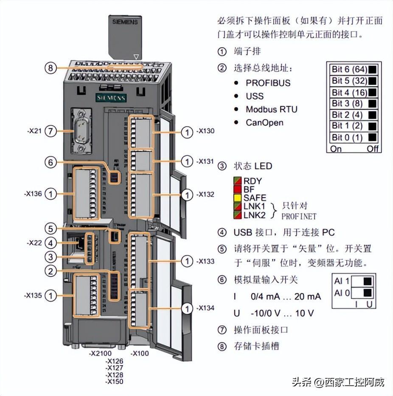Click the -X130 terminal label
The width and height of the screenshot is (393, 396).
click(206, 131)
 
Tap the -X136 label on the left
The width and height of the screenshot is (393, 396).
click(33, 194)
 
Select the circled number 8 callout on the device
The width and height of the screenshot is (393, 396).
click(51, 68)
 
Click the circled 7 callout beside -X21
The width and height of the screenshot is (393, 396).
click(51, 131)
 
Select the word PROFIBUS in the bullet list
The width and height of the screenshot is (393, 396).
click(268, 82)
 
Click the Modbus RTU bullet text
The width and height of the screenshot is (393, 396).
click(272, 109)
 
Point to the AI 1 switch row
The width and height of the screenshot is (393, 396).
click(353, 280)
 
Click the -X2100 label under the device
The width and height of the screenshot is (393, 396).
click(100, 354)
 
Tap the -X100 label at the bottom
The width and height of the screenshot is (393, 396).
click(140, 354)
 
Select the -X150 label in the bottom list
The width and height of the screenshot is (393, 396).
click(114, 382)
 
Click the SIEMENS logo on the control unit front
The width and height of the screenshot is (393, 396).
click(111, 98)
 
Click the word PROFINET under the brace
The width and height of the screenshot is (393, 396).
click(299, 216)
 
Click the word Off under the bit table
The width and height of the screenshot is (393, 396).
click(372, 149)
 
